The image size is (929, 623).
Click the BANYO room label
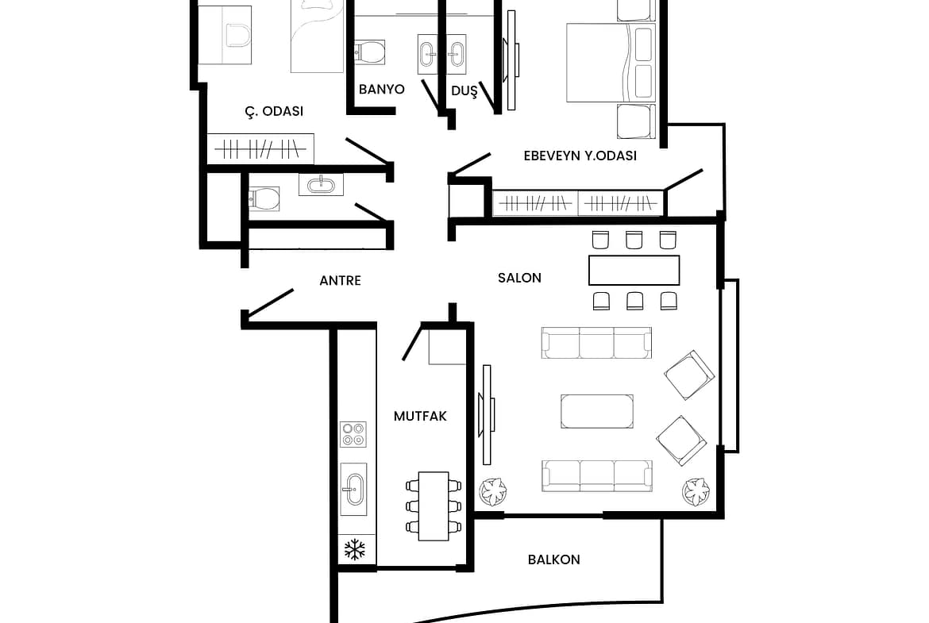coord(382,90)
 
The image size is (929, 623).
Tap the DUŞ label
coord(464,91)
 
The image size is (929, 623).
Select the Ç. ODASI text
coord(274,111)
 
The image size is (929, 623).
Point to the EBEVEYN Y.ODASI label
coord(580,156)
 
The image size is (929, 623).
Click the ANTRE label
coord(340,281)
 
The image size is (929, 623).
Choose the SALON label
coord(519,278)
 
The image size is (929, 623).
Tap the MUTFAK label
coord(420,417)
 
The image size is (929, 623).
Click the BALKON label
coord(554,560)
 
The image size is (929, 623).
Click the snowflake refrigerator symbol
coord(355,549)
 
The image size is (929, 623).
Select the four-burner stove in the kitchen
coord(353,434)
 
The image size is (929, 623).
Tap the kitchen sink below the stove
coord(353,489)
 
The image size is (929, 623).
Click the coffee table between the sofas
coord(596,411)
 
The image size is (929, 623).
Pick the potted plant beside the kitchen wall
coord(493,491)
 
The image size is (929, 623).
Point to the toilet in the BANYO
coord(370,52)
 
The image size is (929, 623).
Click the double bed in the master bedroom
coord(611,63)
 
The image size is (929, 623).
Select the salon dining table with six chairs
coord(634,271)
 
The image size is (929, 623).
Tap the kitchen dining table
coord(434,506)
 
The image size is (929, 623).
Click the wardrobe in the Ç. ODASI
coord(260,148)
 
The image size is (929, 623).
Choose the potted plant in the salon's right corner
coord(696,491)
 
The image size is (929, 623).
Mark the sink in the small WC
coord(321,184)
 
